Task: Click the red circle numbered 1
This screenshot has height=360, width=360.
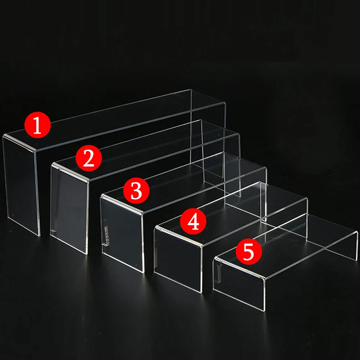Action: coord(37,125)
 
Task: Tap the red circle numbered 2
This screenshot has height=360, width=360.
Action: coord(88,158)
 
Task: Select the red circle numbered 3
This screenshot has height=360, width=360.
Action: coord(136,191)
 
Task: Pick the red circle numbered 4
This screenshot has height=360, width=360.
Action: coord(193,221)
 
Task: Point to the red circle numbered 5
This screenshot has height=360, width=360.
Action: coord(249,252)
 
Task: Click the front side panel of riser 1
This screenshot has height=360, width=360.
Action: coord(21,185)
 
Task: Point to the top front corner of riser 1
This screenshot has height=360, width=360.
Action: coord(36,151)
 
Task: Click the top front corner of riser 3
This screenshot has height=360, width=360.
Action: coord(142,213)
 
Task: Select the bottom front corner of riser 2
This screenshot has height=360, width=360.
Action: coord(87,254)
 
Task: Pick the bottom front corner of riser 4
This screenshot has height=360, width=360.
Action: coord(202,293)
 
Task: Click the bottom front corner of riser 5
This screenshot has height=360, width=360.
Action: coord(264,311)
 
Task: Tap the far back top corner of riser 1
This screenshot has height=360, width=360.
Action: coord(191,90)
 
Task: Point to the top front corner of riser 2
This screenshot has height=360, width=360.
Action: coord(88,181)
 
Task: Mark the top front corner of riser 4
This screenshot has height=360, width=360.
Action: coord(202,246)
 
